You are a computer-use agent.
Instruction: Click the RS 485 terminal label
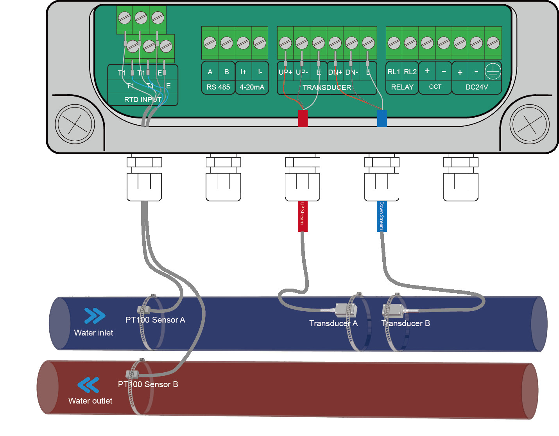(x=218, y=87)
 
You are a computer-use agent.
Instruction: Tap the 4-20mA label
(x=252, y=87)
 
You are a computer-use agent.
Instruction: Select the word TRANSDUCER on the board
(x=327, y=88)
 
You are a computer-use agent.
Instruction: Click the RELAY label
(x=402, y=87)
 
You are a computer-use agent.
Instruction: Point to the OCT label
(x=435, y=87)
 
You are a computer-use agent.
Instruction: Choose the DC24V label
(x=477, y=87)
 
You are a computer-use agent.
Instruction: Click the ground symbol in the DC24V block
(x=493, y=72)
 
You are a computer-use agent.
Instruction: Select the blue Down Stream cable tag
(x=382, y=216)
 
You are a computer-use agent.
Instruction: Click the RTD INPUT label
(x=143, y=100)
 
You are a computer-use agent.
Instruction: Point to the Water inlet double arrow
(x=95, y=316)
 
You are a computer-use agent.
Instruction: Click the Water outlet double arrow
(x=88, y=385)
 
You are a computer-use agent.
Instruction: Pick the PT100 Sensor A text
(x=155, y=320)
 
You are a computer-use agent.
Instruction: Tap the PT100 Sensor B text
(x=148, y=384)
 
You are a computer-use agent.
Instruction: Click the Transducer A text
(x=333, y=323)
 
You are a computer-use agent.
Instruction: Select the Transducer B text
(x=406, y=323)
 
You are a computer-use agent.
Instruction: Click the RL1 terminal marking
(x=394, y=72)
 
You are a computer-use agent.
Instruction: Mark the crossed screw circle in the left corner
(x=75, y=124)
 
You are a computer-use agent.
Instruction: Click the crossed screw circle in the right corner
(x=530, y=124)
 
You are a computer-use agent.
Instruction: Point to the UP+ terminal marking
(x=285, y=72)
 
